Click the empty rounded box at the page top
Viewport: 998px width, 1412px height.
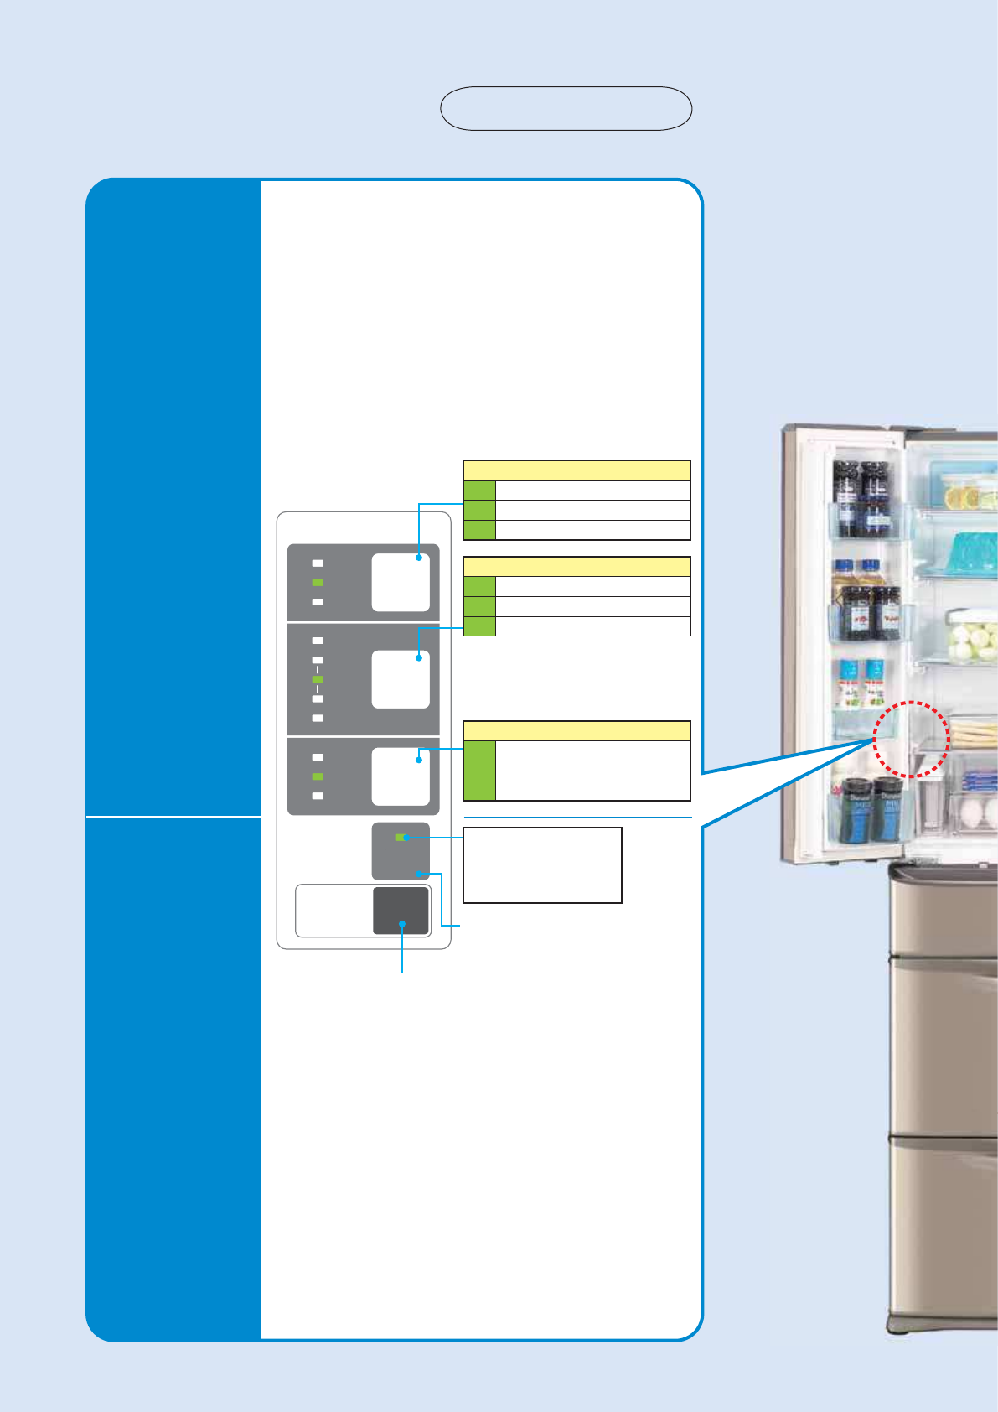(566, 108)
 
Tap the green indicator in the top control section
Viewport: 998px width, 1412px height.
(318, 583)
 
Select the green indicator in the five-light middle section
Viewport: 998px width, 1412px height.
(318, 679)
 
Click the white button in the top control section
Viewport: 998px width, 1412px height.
(401, 583)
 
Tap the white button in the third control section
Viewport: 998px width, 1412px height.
(401, 776)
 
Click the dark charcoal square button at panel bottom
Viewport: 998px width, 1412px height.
(401, 911)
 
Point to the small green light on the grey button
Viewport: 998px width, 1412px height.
(399, 837)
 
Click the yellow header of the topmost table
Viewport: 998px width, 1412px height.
(577, 470)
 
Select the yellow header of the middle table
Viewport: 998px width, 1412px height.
(577, 566)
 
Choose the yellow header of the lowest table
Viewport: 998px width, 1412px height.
(577, 730)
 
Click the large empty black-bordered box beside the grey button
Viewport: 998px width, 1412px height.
(542, 864)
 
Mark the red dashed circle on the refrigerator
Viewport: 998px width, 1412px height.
(911, 739)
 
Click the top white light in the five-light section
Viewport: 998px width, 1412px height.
(318, 641)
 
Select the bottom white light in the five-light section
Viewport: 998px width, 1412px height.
(318, 719)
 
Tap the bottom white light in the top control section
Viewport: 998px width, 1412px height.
(318, 602)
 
